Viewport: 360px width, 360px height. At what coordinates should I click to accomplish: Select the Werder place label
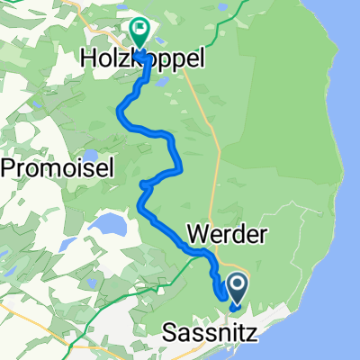point(227,235)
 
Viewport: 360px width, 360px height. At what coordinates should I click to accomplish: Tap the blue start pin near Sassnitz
point(238,290)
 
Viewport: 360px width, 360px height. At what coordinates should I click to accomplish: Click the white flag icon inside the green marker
point(139,29)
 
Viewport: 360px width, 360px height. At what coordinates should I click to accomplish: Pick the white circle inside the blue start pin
point(238,286)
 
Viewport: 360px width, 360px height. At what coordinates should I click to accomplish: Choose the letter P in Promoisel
point(10,166)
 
